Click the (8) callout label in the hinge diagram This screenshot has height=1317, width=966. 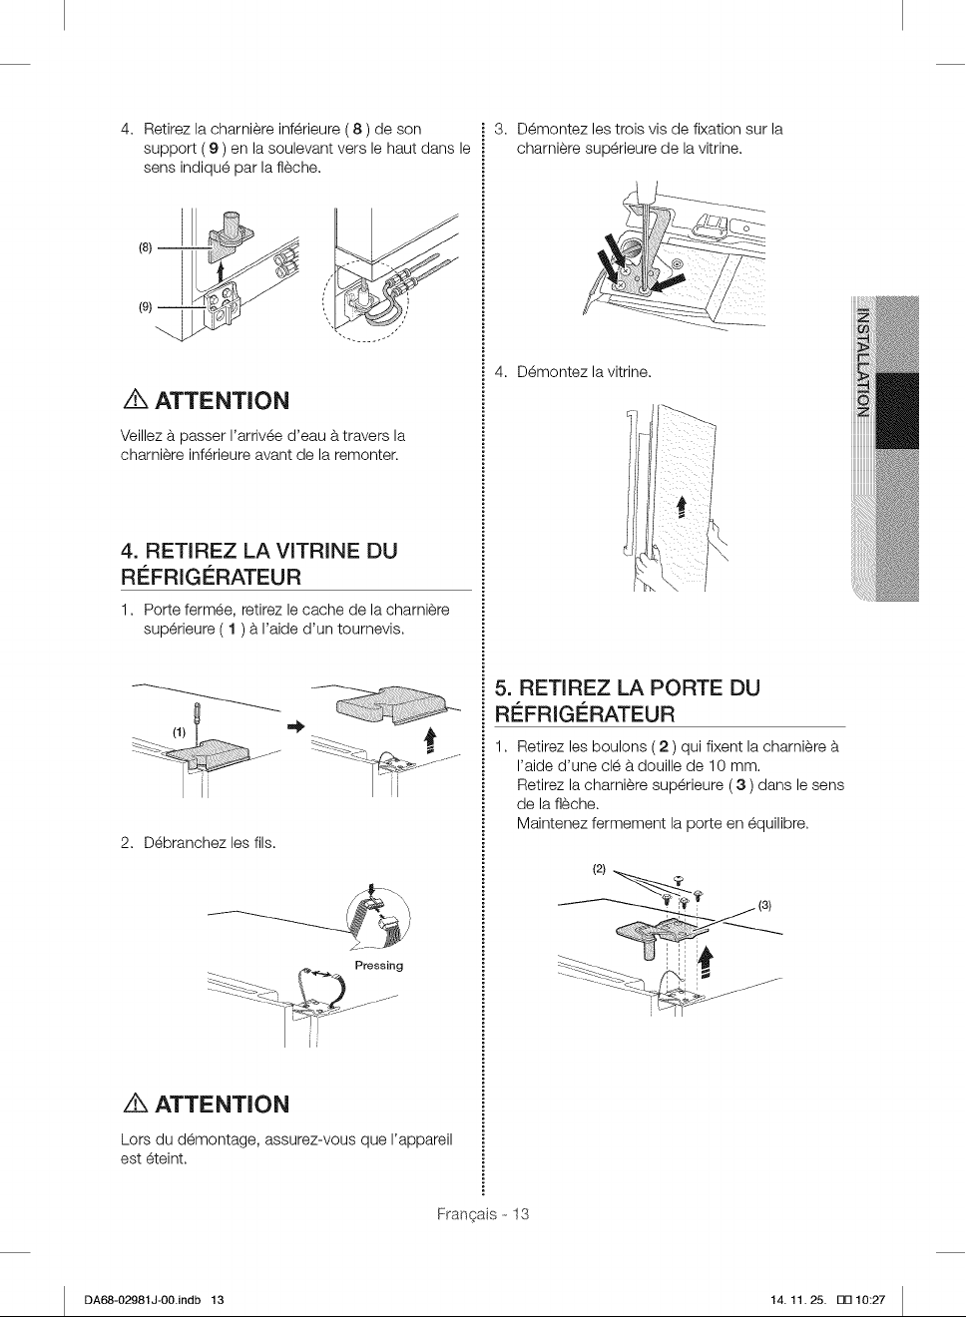[146, 247]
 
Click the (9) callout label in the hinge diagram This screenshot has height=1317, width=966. [146, 307]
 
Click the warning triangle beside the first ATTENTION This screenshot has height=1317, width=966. [135, 401]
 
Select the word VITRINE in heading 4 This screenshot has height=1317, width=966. [308, 551]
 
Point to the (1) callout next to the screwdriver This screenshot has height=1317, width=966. [180, 732]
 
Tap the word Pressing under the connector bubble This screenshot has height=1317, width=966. [379, 966]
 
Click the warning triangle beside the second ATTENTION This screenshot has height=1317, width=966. [135, 1104]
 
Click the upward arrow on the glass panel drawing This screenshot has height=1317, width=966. [682, 506]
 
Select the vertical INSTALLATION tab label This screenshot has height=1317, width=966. [863, 361]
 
